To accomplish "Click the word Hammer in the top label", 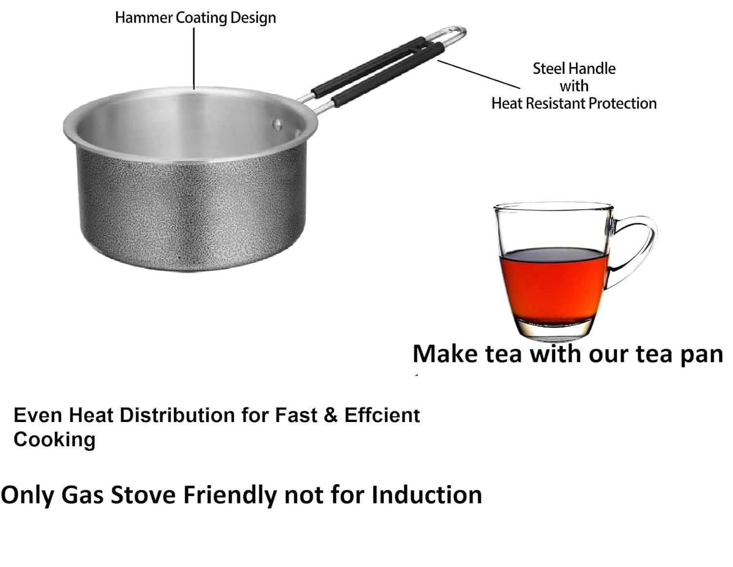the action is (x=144, y=18).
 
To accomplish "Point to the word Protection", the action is (x=623, y=103).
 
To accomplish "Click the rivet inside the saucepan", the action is (x=277, y=125).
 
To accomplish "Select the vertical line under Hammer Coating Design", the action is (x=194, y=58).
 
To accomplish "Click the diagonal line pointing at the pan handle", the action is (x=479, y=74).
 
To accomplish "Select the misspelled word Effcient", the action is (x=382, y=415).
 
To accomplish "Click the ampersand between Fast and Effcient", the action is (x=330, y=415).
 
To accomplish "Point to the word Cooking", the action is (x=55, y=440).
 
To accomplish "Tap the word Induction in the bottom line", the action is (x=427, y=495).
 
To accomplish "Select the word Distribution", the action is (x=177, y=415).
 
